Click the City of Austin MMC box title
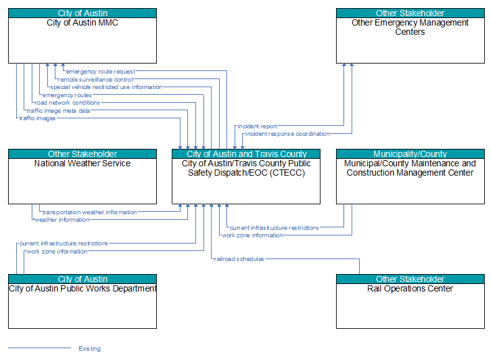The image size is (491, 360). click(82, 23)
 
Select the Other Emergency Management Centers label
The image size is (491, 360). click(410, 27)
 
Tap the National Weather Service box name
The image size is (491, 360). click(82, 164)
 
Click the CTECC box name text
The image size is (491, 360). click(246, 168)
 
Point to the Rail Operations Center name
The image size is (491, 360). click(410, 288)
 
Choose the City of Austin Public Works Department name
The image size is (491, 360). click(82, 288)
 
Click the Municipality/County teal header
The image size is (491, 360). click(410, 154)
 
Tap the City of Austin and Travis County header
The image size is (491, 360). click(246, 154)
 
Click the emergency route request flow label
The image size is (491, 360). click(101, 72)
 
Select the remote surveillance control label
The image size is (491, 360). click(95, 80)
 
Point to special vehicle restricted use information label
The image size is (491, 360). click(106, 87)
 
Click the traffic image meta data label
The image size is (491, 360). click(58, 111)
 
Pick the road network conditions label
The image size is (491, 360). click(67, 102)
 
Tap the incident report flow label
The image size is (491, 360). click(258, 126)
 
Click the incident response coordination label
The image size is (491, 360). click(288, 134)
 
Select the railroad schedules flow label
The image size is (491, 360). click(239, 259)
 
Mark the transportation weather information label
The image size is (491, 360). click(90, 212)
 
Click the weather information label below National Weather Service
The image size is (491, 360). click(62, 220)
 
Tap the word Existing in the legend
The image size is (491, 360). click(90, 348)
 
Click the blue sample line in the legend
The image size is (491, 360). click(39, 348)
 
